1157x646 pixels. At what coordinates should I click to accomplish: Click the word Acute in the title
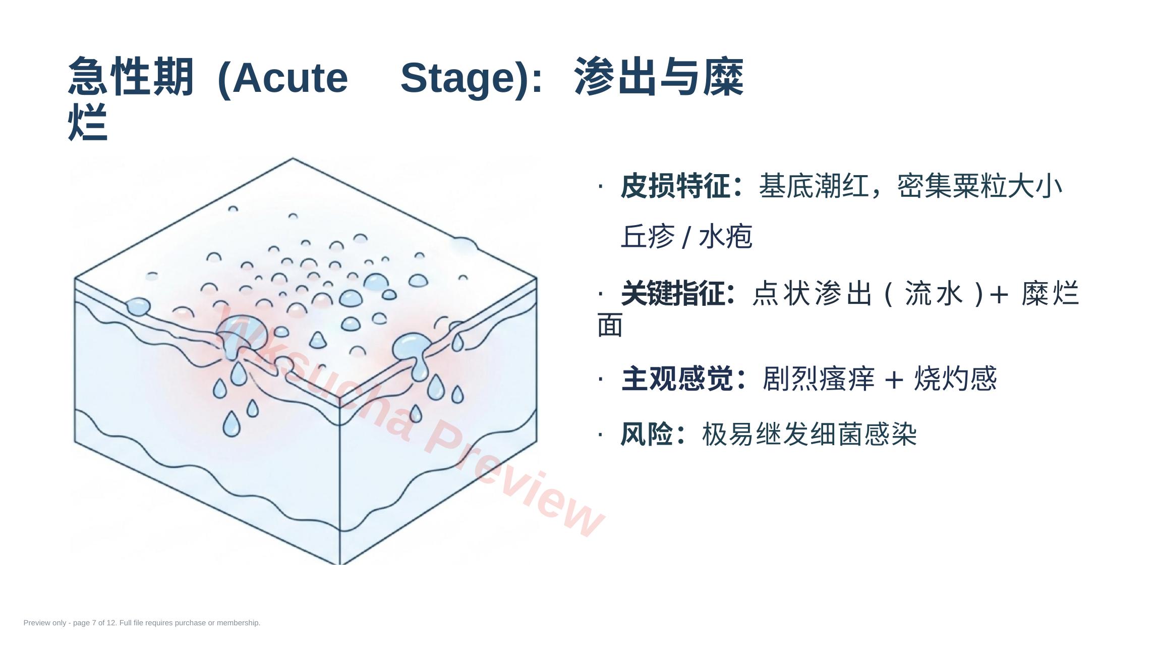290,78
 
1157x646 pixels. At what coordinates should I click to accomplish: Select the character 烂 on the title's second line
88,122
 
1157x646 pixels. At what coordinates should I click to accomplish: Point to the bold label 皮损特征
676,186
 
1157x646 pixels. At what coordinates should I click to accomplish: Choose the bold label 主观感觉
677,379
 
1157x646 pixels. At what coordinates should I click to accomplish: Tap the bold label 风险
647,434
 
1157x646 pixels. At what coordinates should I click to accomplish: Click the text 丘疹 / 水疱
686,236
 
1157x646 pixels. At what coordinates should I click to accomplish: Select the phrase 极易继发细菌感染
809,434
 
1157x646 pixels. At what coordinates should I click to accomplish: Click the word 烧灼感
955,379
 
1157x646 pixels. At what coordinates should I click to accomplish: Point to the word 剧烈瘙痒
818,379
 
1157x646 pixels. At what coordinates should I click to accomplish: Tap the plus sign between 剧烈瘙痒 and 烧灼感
894,380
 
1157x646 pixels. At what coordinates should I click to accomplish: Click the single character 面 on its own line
610,325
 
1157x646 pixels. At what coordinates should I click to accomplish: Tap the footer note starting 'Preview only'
142,623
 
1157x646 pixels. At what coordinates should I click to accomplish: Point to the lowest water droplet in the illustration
232,423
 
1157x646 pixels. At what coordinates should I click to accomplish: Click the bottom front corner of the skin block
340,564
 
